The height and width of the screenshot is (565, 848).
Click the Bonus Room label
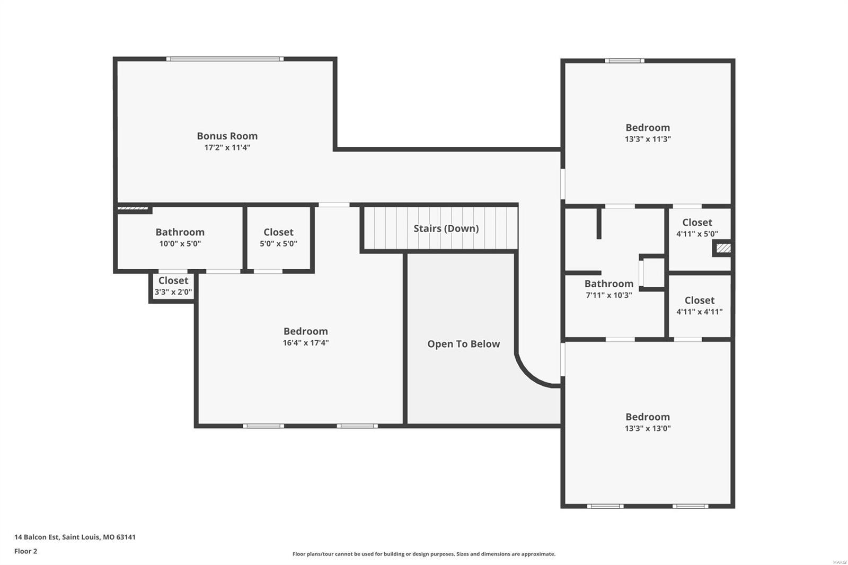[x=227, y=136]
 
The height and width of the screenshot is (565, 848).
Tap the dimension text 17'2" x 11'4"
[x=227, y=147]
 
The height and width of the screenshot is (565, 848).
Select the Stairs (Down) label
[x=446, y=228]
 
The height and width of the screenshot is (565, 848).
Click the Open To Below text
[x=463, y=344]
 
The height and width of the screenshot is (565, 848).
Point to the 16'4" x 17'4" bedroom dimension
[x=305, y=343]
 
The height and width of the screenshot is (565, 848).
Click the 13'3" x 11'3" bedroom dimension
[x=647, y=139]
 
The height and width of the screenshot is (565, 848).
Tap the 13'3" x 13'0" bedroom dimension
[x=647, y=428]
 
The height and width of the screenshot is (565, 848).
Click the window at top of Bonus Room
[x=225, y=59]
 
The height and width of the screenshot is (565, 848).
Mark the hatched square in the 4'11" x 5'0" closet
[x=723, y=248]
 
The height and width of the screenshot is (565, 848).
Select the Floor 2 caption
[x=25, y=551]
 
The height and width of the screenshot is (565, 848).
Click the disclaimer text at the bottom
[x=423, y=554]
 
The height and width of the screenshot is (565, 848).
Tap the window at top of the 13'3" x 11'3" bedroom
[x=625, y=61]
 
